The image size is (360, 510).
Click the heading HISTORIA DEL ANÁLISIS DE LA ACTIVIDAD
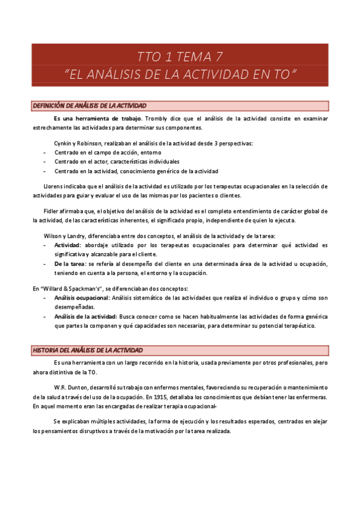coord(88,350)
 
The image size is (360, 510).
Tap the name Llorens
coord(55,186)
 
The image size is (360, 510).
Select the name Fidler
coord(52,211)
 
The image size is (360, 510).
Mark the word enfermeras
coord(311,398)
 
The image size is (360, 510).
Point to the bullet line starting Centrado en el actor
coord(117,162)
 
